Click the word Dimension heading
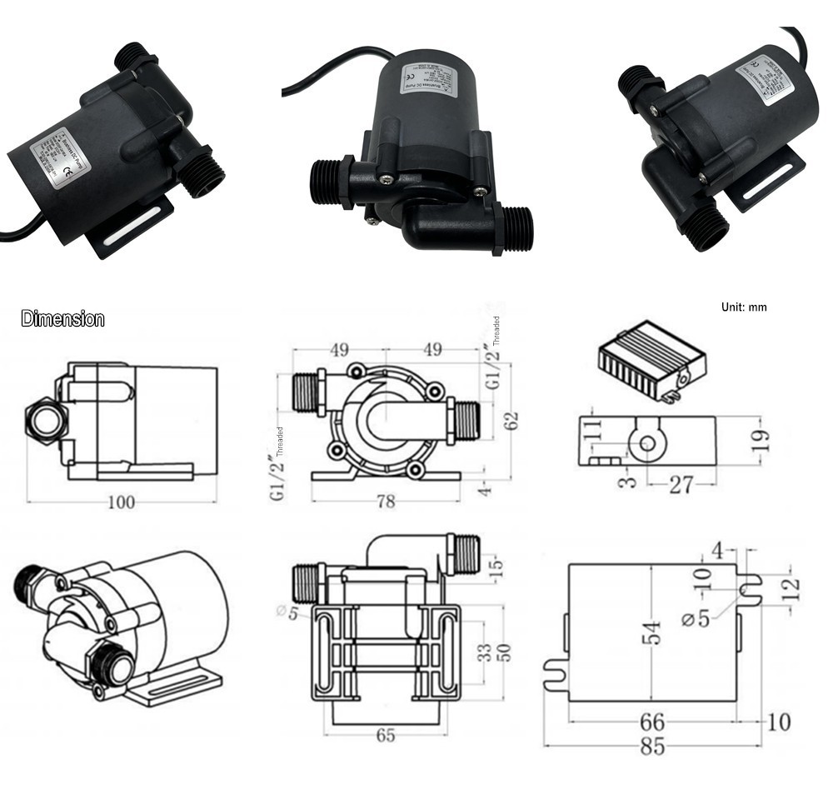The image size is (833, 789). click(x=62, y=319)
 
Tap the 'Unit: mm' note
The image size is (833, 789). click(x=744, y=307)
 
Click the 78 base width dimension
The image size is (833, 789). click(x=385, y=501)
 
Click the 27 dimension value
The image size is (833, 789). click(x=681, y=484)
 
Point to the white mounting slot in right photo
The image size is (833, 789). click(x=767, y=186)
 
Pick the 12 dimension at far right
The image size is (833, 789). click(x=792, y=587)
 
